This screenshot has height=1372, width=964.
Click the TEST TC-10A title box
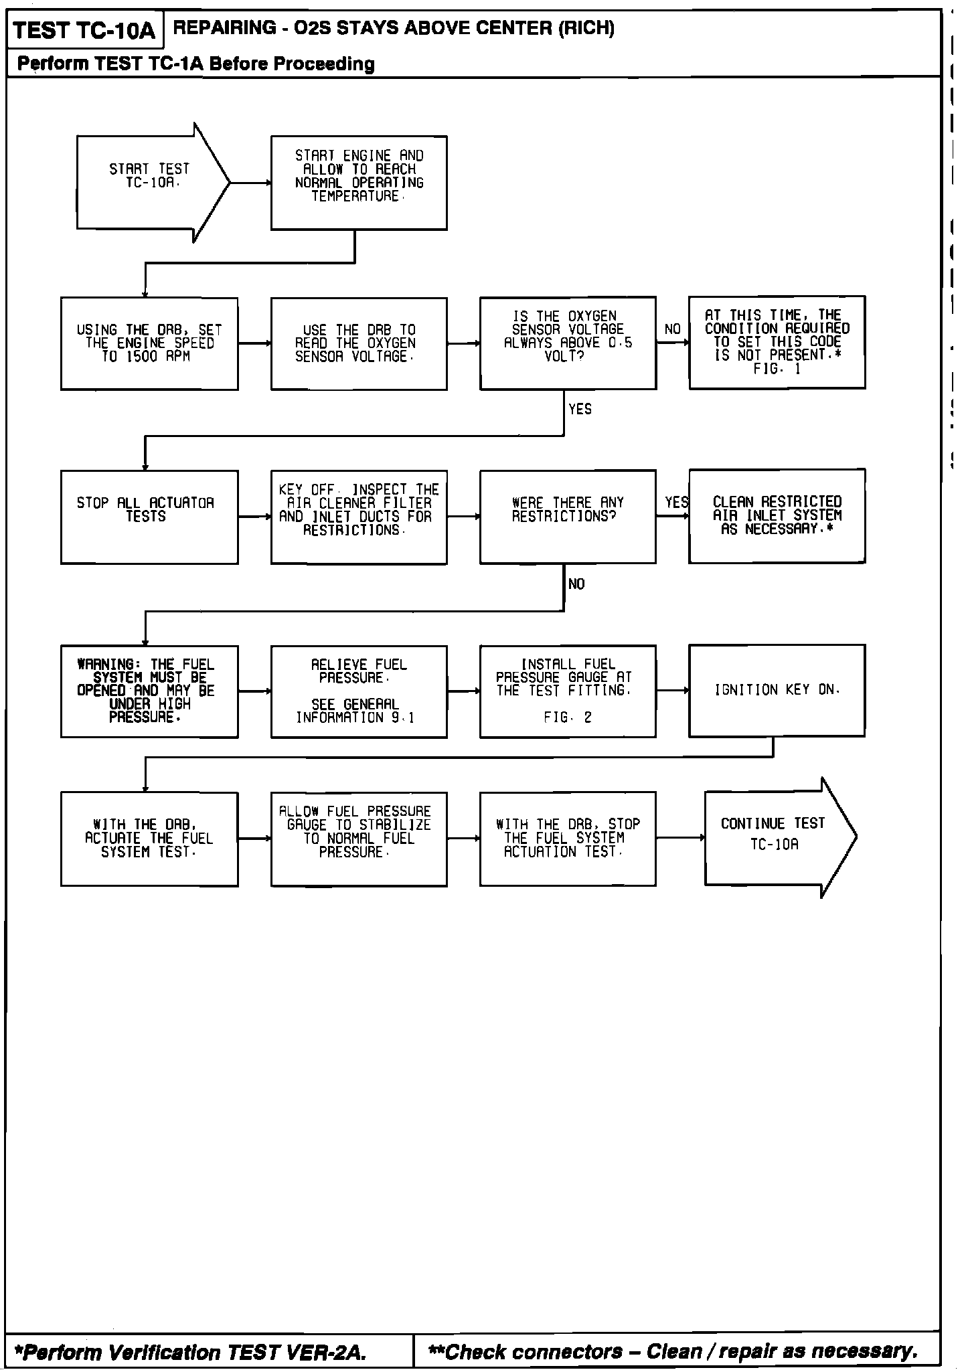(84, 30)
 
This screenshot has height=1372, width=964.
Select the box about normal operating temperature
(359, 183)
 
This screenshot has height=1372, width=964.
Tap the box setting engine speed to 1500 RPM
(149, 343)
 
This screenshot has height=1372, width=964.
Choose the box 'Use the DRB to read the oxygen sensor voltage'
(359, 343)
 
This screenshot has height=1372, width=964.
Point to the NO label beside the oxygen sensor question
(672, 329)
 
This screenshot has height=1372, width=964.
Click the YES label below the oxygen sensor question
(580, 409)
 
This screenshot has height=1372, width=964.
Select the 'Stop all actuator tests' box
(149, 517)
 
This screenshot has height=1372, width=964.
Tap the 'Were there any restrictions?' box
(568, 516)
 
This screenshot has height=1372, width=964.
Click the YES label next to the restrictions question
(676, 502)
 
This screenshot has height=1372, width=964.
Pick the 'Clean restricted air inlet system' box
(777, 515)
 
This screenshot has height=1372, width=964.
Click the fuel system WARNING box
(149, 691)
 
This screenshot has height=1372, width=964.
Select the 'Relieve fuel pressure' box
(359, 691)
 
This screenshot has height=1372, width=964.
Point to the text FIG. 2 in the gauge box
(568, 717)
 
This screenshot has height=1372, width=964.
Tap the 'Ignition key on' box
(777, 690)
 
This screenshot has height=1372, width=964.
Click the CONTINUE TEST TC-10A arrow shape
(777, 837)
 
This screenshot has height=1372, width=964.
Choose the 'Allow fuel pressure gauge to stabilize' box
(359, 839)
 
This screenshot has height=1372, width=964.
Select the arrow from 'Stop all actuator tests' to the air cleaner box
(254, 517)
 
